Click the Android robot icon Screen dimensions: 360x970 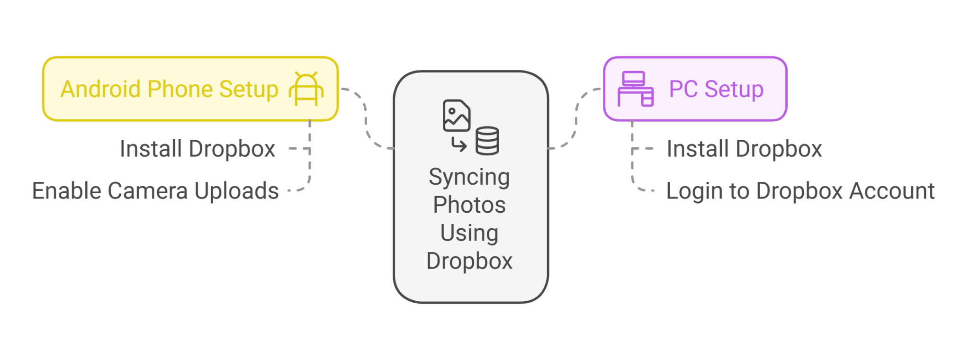pyautogui.click(x=306, y=89)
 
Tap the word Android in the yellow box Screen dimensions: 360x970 pyautogui.click(x=100, y=89)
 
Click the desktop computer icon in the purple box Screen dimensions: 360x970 pyautogui.click(x=635, y=89)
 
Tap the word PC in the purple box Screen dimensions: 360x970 pyautogui.click(x=683, y=89)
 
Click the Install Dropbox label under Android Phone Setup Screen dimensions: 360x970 pyautogui.click(x=198, y=149)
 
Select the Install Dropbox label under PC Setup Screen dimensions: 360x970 pyautogui.click(x=744, y=149)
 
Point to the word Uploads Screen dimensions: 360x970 pyautogui.click(x=236, y=191)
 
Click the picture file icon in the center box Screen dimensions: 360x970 pyautogui.click(x=456, y=115)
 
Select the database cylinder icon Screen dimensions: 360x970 pyautogui.click(x=487, y=141)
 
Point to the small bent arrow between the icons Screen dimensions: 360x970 pyautogui.click(x=458, y=144)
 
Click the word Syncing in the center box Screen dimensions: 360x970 pyautogui.click(x=469, y=178)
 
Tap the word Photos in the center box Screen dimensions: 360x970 pyautogui.click(x=469, y=205)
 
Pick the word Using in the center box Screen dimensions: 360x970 pyautogui.click(x=469, y=233)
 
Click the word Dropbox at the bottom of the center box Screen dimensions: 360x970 pyautogui.click(x=469, y=261)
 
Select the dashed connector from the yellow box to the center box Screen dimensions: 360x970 pyautogui.click(x=366, y=118)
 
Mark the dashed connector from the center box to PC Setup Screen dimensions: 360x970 pyautogui.click(x=576, y=118)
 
